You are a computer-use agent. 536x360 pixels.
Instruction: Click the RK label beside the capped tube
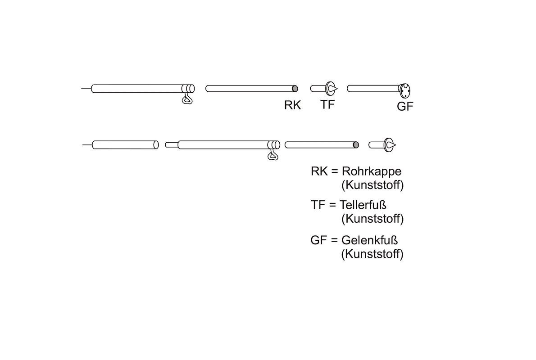(x=292, y=105)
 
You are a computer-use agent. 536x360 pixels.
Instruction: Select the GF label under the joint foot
(x=405, y=107)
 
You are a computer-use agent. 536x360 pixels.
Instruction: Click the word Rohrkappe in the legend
(x=372, y=171)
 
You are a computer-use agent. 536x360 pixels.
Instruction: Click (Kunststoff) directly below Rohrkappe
(x=372, y=185)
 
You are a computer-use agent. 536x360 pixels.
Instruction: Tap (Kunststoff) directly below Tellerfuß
(x=372, y=219)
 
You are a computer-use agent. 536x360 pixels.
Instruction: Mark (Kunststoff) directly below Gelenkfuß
(x=372, y=254)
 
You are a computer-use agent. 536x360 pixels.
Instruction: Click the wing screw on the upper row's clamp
(x=186, y=99)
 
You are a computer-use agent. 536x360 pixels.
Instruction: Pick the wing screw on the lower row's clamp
(x=273, y=155)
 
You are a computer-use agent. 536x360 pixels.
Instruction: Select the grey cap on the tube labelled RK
(x=295, y=89)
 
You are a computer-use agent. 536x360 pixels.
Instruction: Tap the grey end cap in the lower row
(x=356, y=145)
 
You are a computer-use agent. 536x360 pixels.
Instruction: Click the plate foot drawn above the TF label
(x=330, y=88)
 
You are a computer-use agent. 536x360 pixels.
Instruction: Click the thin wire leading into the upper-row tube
(x=86, y=89)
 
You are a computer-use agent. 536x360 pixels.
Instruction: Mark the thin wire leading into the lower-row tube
(x=87, y=145)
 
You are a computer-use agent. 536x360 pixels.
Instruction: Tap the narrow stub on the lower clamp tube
(x=171, y=145)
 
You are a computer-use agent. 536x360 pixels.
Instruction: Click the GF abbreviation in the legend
(x=318, y=240)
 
